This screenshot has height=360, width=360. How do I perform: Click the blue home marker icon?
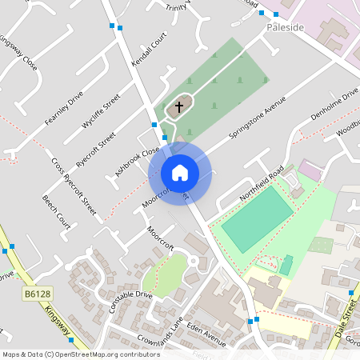coord(179,173)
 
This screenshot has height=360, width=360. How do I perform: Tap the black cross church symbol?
coord(178,106)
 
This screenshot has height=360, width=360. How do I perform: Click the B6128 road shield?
coord(32,295)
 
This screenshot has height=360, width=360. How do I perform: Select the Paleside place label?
coord(286,27)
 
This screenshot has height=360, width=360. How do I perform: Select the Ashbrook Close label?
coord(137,160)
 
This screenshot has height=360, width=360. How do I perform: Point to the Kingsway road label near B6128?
coord(61,320)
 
